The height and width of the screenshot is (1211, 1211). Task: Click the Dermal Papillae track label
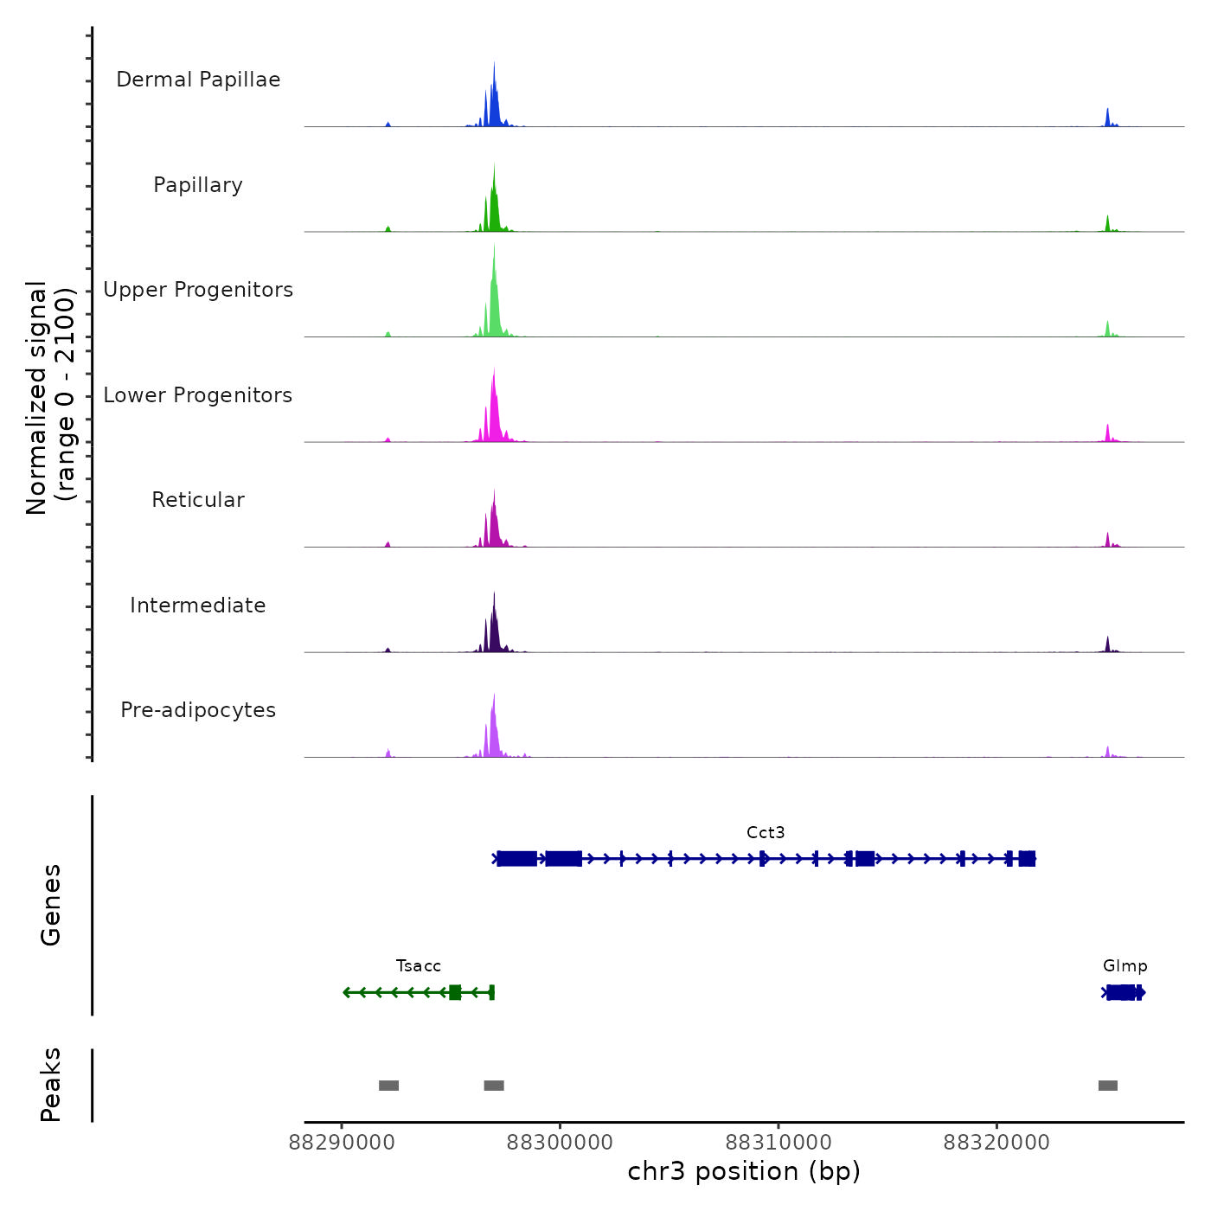(198, 80)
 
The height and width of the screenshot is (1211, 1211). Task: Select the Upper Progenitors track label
(198, 290)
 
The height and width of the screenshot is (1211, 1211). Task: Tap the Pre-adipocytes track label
(198, 710)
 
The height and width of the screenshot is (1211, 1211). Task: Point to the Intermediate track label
(198, 605)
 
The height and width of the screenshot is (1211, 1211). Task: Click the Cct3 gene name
(766, 832)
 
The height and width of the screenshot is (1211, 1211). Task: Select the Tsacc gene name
(419, 965)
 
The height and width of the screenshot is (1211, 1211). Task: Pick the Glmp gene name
(1124, 965)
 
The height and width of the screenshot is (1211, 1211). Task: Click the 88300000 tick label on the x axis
(560, 1143)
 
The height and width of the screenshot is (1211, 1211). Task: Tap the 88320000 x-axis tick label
(996, 1143)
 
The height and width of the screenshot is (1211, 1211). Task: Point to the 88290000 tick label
(342, 1143)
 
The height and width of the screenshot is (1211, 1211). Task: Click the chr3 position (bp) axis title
(744, 1171)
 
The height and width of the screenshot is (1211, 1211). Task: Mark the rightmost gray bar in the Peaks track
(1108, 1086)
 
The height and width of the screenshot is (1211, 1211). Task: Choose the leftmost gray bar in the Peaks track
(388, 1086)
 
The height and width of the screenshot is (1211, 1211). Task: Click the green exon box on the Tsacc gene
(455, 992)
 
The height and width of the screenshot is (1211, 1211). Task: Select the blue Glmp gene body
(1123, 992)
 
